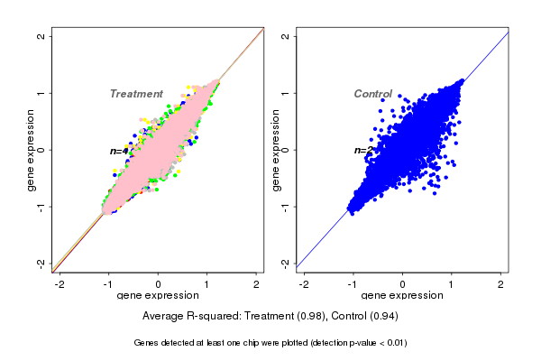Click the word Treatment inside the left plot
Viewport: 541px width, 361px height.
point(136,94)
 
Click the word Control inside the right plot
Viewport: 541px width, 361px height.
point(372,94)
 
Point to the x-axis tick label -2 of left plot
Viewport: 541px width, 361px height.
point(60,284)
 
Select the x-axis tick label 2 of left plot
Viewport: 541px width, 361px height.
point(258,284)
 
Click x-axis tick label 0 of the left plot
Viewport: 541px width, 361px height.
point(159,284)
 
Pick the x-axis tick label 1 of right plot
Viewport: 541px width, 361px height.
point(453,284)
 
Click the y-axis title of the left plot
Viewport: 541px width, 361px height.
point(32,150)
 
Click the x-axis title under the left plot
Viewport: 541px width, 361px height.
point(159,296)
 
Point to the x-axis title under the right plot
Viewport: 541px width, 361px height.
point(403,296)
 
